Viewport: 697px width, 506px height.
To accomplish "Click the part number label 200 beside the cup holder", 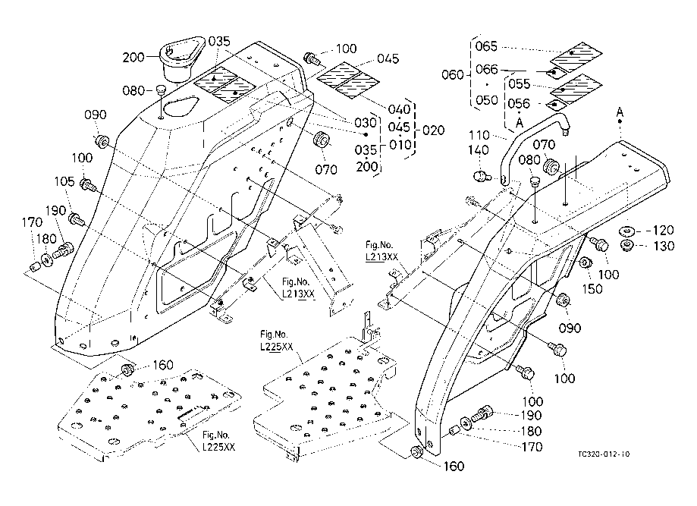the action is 133,57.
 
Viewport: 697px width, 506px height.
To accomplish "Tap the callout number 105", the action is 64,181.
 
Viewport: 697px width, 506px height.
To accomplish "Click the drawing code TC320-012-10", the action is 604,454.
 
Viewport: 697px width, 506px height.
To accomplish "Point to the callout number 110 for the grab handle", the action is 479,135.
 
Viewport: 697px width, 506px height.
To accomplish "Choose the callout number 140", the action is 479,150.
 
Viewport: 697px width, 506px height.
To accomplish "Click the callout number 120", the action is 663,231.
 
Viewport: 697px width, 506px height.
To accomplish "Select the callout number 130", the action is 664,246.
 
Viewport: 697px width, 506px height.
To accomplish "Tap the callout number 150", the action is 592,289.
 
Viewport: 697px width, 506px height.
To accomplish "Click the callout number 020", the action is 433,130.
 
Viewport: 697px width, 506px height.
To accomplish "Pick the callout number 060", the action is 453,74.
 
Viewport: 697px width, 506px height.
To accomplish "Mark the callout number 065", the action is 487,46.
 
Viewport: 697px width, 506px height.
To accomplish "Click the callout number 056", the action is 520,104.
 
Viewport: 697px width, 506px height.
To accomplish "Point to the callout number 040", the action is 399,109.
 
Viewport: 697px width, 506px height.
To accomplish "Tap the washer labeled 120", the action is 627,231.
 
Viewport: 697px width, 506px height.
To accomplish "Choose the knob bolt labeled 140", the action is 481,177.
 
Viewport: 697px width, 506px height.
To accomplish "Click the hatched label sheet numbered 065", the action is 576,54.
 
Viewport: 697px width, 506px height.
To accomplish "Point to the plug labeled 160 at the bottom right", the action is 416,451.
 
